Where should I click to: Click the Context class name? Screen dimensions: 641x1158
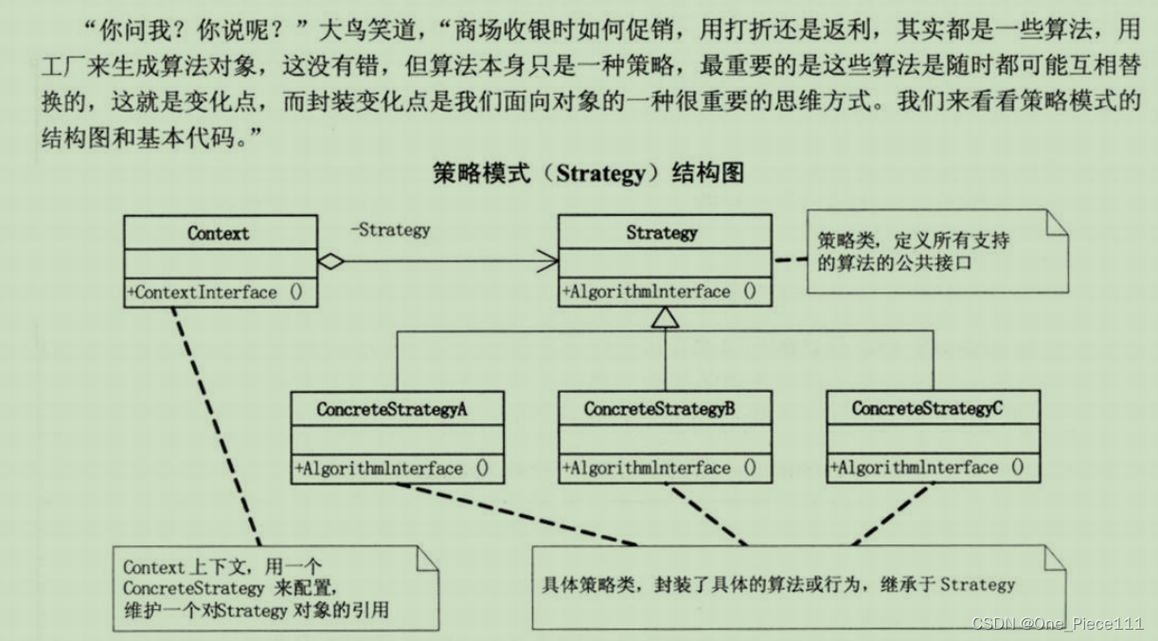pyautogui.click(x=220, y=233)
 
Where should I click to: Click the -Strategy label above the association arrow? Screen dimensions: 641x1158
pyautogui.click(x=389, y=229)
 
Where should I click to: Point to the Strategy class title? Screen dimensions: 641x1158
pyautogui.click(x=662, y=232)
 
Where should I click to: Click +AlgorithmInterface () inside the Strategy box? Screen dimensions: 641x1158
pyautogui.click(x=660, y=292)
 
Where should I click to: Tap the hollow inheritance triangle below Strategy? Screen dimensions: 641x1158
pyautogui.click(x=666, y=319)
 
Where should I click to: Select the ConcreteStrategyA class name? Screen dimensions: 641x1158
pyautogui.click(x=392, y=409)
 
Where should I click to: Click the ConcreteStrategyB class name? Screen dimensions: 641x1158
pyautogui.click(x=660, y=409)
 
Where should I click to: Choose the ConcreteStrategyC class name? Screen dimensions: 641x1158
pyautogui.click(x=927, y=409)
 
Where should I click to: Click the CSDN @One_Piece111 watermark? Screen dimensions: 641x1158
pyautogui.click(x=1057, y=622)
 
